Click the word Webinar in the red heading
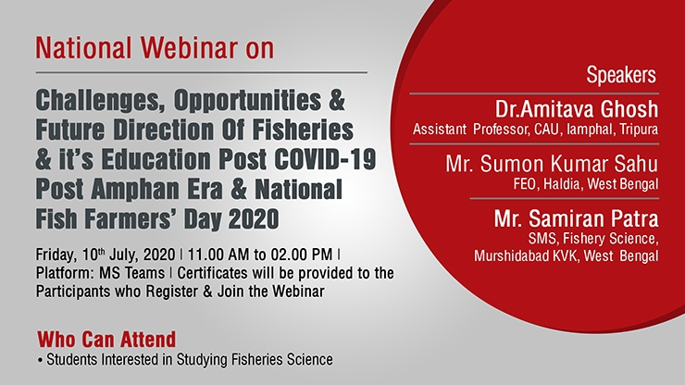pos(189,47)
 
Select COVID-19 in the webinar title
pos(325,159)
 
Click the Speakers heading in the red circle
pos(621,76)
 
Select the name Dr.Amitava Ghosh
pos(576,109)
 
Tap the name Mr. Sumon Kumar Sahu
pos(552,164)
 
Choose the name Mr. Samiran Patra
pos(576,218)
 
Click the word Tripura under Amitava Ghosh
pos(639,130)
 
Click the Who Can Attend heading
pos(106,339)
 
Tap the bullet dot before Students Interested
pos(41,361)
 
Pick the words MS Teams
pos(131,273)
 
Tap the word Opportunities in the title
pos(247,102)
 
